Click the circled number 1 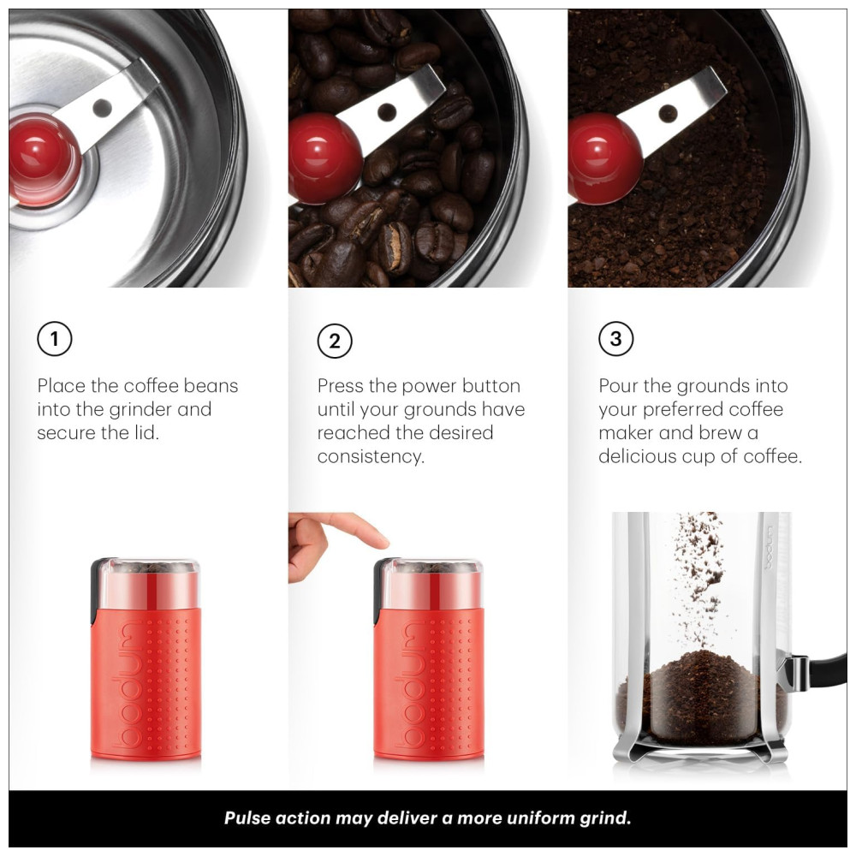(x=55, y=339)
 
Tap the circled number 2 (x=335, y=342)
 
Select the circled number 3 (x=615, y=339)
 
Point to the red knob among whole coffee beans (x=324, y=158)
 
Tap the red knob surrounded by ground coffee (x=603, y=158)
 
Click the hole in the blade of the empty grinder (x=102, y=108)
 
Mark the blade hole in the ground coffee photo (x=668, y=114)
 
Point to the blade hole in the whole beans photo (x=387, y=112)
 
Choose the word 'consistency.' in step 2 (x=371, y=456)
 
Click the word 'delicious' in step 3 (x=637, y=456)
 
